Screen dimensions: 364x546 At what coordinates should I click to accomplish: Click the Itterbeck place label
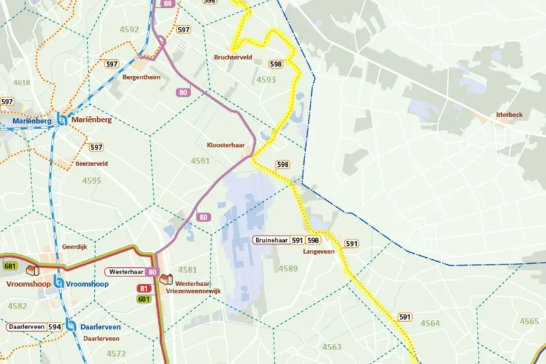tap(509, 115)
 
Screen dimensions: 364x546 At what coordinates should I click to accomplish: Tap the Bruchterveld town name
tap(233, 57)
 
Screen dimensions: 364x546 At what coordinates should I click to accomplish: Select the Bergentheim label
tap(141, 76)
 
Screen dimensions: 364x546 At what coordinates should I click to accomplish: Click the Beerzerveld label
tap(91, 163)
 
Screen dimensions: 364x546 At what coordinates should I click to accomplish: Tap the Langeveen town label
tap(319, 252)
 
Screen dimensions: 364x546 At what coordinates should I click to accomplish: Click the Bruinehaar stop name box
tap(270, 241)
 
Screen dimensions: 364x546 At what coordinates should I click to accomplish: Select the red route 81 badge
tap(144, 289)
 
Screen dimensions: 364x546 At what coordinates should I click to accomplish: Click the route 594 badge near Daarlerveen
tap(54, 326)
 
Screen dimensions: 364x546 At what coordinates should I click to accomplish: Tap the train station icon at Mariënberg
tap(62, 120)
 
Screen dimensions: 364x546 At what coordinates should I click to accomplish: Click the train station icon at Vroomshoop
tap(59, 284)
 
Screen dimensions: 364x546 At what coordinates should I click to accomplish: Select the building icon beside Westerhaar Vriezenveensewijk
tap(165, 280)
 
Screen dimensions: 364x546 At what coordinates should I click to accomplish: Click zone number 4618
tap(22, 82)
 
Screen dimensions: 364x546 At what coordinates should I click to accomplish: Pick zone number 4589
tap(288, 268)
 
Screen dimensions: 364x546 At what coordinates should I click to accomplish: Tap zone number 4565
tap(529, 321)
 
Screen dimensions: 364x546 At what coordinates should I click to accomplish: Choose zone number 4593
tap(266, 80)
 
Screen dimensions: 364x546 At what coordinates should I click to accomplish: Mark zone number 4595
tap(92, 181)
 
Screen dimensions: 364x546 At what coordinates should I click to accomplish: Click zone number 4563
tap(332, 347)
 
